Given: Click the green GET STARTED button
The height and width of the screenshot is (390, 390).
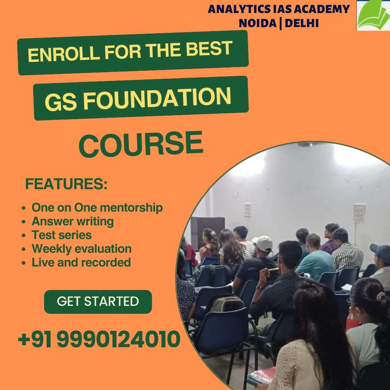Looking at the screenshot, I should [x=98, y=302].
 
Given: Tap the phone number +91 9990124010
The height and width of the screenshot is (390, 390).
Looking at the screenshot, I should [x=99, y=339].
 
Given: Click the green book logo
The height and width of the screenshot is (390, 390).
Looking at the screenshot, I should [x=373, y=15].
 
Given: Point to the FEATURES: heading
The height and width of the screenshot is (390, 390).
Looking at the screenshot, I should [x=66, y=184].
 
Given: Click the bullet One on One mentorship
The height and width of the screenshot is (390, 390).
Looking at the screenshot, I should [x=97, y=208].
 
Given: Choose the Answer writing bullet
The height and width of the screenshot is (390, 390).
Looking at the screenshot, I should [x=73, y=221].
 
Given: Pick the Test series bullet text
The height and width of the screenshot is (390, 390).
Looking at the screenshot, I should [x=61, y=235].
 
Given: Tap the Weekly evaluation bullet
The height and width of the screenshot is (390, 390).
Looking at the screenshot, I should [x=81, y=249].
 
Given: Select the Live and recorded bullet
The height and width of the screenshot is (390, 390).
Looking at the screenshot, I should [x=81, y=263].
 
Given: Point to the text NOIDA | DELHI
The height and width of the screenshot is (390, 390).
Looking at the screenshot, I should [x=278, y=23].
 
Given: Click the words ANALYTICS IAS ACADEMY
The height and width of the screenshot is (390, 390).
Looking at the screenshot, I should [x=278, y=9].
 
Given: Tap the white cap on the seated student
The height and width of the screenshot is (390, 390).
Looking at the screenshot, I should [x=263, y=243].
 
